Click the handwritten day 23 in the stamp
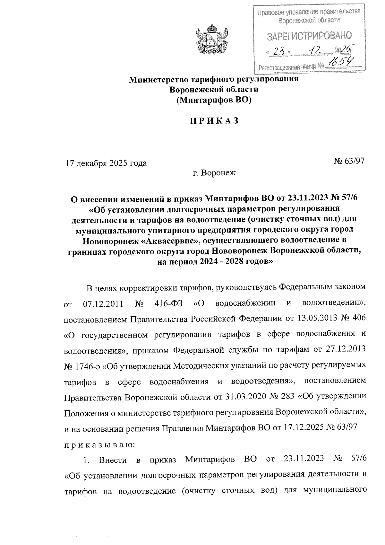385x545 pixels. [x=276, y=51]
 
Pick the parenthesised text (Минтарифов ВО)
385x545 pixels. [x=214, y=100]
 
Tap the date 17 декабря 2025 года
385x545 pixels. [x=106, y=163]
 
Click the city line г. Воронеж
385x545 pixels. [x=214, y=173]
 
